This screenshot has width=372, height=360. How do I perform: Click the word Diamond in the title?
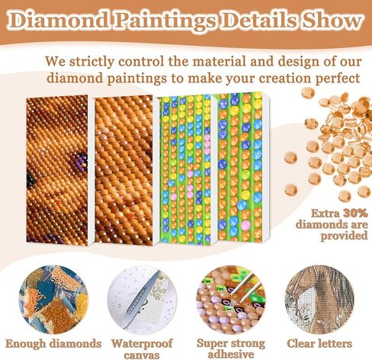[x=60, y=21]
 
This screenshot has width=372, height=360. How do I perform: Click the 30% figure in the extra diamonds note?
[x=355, y=213]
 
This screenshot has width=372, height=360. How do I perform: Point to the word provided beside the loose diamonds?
[x=344, y=236]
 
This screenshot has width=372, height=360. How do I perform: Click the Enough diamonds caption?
[x=53, y=344]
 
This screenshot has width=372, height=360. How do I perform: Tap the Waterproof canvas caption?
[x=142, y=349]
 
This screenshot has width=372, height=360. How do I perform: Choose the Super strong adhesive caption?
[x=231, y=349]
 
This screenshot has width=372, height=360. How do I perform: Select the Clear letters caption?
[x=319, y=343]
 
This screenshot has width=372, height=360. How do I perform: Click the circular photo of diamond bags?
[x=53, y=300]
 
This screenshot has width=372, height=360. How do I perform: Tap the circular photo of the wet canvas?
[x=142, y=300]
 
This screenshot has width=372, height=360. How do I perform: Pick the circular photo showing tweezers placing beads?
[x=231, y=300]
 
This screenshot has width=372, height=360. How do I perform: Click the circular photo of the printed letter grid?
[x=319, y=300]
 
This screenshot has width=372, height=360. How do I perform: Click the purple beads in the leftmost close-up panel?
[x=79, y=161]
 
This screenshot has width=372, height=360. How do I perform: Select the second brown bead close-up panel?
[x=123, y=170]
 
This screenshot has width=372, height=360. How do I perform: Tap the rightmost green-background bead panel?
[x=239, y=167]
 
